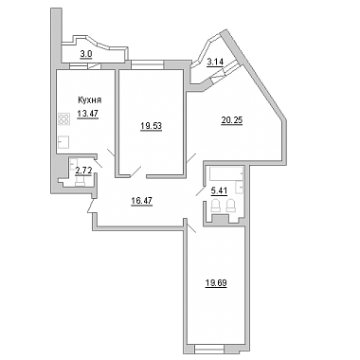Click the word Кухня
click(90, 100)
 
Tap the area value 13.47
click(88, 114)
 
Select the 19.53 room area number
click(152, 126)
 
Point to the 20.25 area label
click(232, 120)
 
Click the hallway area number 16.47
click(142, 201)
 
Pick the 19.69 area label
click(216, 282)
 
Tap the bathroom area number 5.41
click(219, 190)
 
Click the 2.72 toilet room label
click(83, 171)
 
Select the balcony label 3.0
click(85, 54)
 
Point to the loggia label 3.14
click(215, 63)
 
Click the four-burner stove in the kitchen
click(63, 119)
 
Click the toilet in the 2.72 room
click(80, 181)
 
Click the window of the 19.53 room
click(148, 64)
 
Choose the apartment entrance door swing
click(91, 206)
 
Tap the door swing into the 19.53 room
click(135, 171)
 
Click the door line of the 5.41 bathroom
click(200, 191)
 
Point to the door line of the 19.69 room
click(191, 228)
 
